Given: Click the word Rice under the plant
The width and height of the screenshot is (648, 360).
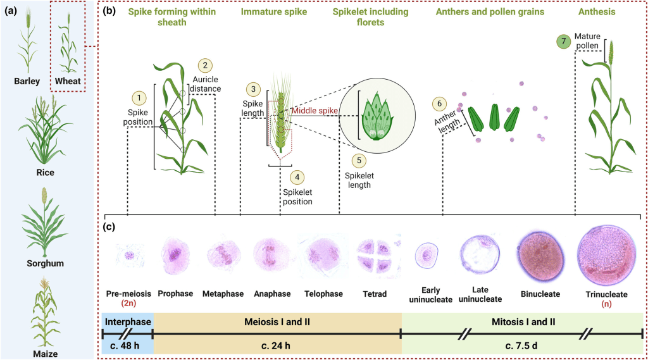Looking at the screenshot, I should tap(46, 172).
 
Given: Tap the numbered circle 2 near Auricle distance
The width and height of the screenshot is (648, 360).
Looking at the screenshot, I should tap(205, 65).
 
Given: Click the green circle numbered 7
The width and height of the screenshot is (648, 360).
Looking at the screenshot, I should tap(561, 42).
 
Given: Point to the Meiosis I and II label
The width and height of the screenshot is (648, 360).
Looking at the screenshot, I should tap(277, 321).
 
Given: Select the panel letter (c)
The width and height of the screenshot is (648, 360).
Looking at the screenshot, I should tap(109, 225).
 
